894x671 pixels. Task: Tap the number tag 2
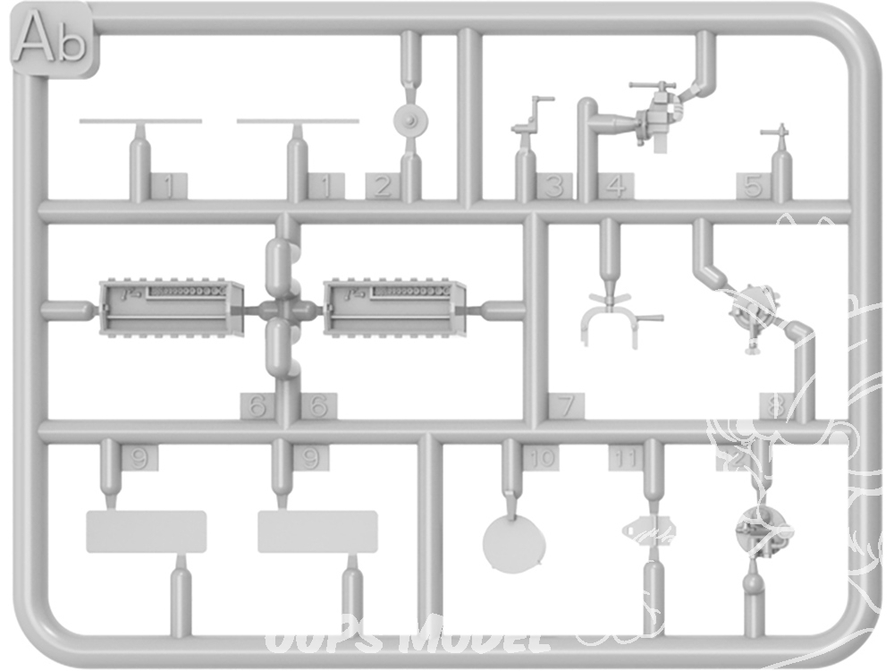click(382, 186)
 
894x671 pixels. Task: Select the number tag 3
click(554, 186)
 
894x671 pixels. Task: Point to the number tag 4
click(614, 186)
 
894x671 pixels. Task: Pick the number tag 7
click(565, 405)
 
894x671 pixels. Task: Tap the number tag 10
click(541, 458)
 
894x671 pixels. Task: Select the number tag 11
click(627, 458)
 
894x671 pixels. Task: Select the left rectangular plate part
click(146, 531)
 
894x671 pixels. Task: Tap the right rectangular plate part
click(318, 531)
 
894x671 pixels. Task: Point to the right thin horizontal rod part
click(298, 120)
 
